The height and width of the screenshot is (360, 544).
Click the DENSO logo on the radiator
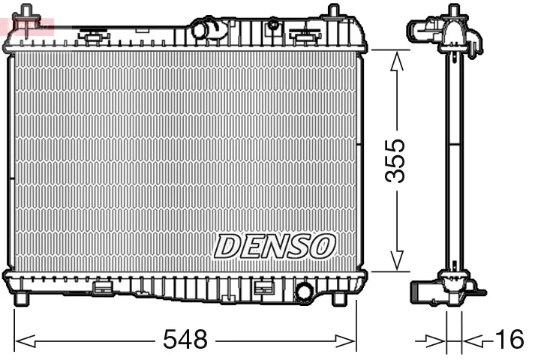[275, 245]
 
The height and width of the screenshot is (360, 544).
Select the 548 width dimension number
[185, 340]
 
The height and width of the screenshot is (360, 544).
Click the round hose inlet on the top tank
[205, 31]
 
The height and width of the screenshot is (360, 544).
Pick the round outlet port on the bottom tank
[305, 291]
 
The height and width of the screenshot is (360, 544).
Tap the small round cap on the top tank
[274, 25]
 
